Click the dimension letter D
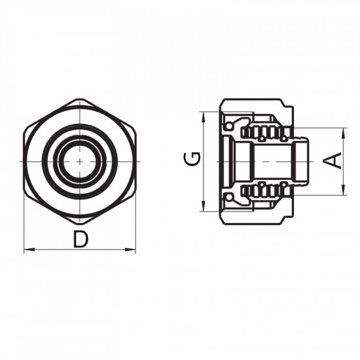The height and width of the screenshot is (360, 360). pos(80,240)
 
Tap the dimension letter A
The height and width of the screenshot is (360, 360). pos(334,160)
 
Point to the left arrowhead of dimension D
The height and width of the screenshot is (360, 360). pos(27,250)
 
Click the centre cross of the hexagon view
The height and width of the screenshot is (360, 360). pos(79,161)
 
